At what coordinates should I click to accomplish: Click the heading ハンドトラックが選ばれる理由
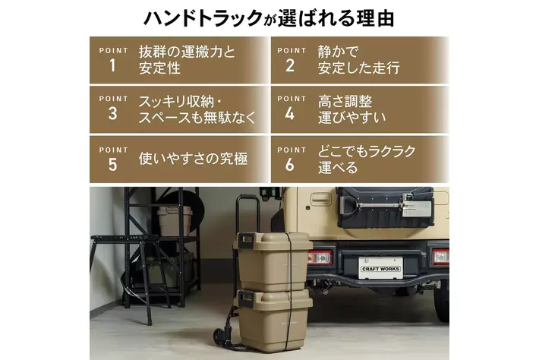tap(269, 18)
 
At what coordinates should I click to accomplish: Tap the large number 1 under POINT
tap(112, 65)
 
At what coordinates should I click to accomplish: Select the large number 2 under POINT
tap(290, 65)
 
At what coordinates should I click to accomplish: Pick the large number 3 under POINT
tap(113, 114)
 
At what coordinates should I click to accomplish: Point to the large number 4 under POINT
tap(290, 114)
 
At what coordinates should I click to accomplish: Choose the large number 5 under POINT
tap(113, 165)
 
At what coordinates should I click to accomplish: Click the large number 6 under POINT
tap(290, 165)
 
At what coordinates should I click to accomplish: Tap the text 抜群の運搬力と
tap(187, 52)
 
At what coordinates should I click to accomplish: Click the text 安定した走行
tap(358, 68)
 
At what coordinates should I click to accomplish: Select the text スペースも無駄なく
tap(197, 117)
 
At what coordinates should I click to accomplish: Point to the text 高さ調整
tap(345, 102)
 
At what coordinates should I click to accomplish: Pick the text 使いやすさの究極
tap(193, 159)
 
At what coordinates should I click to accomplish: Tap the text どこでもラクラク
tap(367, 151)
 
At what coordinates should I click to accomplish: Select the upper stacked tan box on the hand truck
tap(273, 261)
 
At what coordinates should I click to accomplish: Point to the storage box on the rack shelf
tap(175, 221)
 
